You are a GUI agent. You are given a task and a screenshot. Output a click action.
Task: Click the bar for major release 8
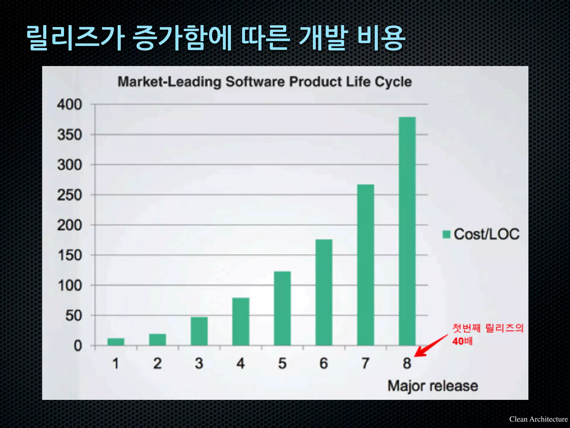coord(407,231)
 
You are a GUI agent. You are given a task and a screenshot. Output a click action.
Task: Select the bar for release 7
coord(365,265)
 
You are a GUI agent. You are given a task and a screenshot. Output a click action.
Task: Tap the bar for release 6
coord(324,292)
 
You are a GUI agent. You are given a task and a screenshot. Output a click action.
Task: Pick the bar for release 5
coord(282,308)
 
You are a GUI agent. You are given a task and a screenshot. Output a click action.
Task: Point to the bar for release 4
coord(241,322)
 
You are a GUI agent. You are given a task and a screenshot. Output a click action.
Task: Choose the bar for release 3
coord(199,331)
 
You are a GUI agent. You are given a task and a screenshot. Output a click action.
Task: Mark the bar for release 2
coord(158,339)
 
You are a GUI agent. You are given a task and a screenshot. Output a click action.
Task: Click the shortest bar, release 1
coord(116,342)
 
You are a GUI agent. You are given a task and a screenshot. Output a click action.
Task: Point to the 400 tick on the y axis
coord(70,105)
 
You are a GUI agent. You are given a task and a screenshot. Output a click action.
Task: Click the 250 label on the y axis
coord(70,195)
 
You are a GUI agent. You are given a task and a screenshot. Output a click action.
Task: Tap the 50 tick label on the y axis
coord(73,316)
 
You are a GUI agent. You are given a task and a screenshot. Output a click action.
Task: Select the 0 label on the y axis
coord(78,346)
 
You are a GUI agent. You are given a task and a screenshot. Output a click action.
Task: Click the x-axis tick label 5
coord(282,363)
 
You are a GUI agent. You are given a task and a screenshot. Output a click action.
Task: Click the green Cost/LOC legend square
coord(446,234)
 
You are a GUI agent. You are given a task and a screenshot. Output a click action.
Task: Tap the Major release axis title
coord(433,386)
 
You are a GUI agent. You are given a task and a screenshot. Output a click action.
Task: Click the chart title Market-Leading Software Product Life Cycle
coord(264,82)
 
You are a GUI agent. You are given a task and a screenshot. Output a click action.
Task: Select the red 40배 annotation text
coord(462,341)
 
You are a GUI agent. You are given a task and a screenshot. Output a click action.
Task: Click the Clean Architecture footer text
coord(538,419)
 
